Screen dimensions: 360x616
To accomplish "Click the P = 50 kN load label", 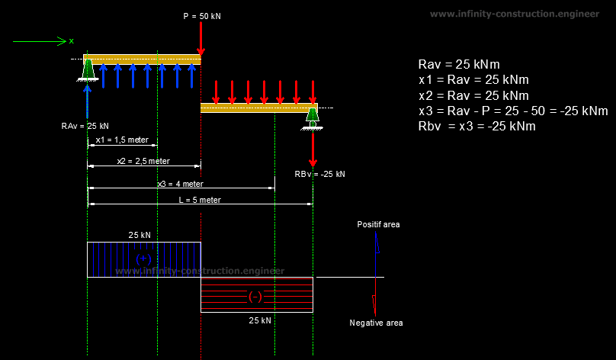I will coord(201,16).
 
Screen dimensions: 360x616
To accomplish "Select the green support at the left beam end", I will coord(88,69).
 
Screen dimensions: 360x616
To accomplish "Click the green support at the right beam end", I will coord(312,118).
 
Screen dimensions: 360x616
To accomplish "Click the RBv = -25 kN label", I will coord(319,174).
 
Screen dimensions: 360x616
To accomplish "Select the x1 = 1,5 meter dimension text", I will coord(122,140).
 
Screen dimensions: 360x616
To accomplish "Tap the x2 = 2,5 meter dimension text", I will coord(143,161).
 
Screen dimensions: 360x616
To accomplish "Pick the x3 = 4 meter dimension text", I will coord(181,184).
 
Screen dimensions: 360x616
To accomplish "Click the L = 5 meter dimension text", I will coord(200,200).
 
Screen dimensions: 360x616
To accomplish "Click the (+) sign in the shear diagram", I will coord(143,259).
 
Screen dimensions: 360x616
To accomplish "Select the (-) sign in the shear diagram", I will coord(256,296).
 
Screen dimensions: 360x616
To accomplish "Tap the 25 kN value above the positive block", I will coord(140,236).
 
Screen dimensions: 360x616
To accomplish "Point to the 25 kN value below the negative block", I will coord(259,320).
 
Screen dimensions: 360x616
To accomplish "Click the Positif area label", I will coord(378,225).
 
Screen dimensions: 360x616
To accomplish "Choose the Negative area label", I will coord(376,323).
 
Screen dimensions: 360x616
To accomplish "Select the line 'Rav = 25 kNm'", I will coord(459,65).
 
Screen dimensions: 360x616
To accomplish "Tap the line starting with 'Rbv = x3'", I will coord(477,126).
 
